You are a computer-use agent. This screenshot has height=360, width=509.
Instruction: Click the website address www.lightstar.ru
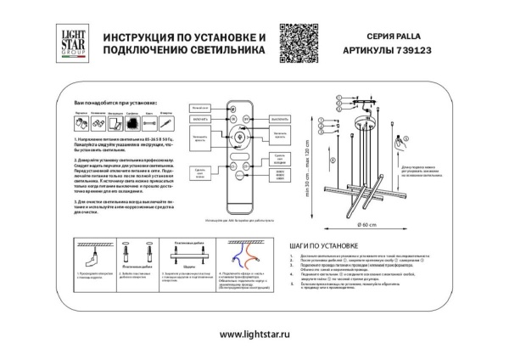pos(254,335)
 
